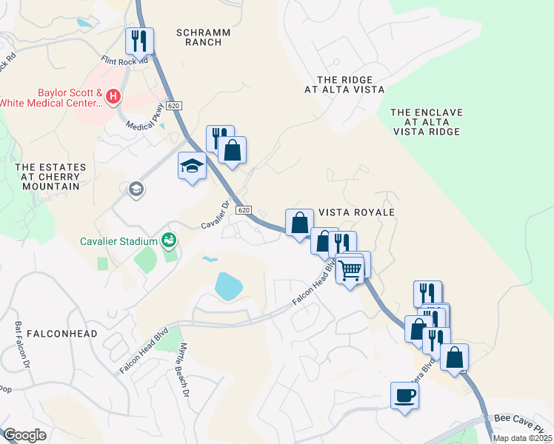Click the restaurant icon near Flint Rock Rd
138,41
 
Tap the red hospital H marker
113,95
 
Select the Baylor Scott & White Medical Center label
52,98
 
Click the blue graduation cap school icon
192,166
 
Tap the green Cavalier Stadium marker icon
170,240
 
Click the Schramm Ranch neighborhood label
204,37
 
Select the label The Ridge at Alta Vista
344,84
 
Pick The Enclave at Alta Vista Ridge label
426,121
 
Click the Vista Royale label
356,212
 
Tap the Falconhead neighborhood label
62,334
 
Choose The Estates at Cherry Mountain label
50,177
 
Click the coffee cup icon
404,395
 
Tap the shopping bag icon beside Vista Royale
299,223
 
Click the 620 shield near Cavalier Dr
244,211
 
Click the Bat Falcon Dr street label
21,345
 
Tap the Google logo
24,435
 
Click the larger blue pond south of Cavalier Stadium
228,286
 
